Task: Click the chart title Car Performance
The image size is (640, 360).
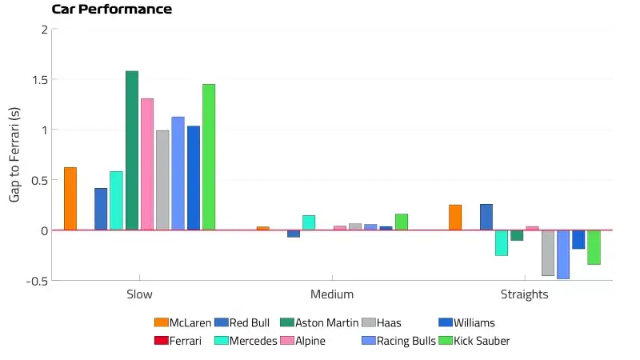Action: (x=111, y=10)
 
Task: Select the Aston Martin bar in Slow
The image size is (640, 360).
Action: (x=132, y=150)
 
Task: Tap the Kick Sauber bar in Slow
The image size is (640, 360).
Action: (x=209, y=157)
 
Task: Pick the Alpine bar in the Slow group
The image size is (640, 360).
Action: (x=147, y=164)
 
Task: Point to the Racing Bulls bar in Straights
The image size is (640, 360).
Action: (x=563, y=254)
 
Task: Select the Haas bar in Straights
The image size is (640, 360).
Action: (x=548, y=253)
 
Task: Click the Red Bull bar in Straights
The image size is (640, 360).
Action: (x=486, y=217)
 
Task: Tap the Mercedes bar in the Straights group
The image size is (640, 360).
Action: (x=502, y=242)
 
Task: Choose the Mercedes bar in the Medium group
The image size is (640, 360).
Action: (x=309, y=222)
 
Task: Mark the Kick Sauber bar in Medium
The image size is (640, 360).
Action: (x=402, y=222)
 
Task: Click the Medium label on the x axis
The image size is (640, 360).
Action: (x=332, y=294)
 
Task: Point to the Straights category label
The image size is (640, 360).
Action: (x=525, y=294)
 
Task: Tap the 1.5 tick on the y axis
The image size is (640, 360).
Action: (x=37, y=80)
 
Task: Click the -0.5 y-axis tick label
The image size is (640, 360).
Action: (x=34, y=281)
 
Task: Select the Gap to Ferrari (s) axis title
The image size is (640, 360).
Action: (x=14, y=155)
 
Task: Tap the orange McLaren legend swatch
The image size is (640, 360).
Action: (x=161, y=323)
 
